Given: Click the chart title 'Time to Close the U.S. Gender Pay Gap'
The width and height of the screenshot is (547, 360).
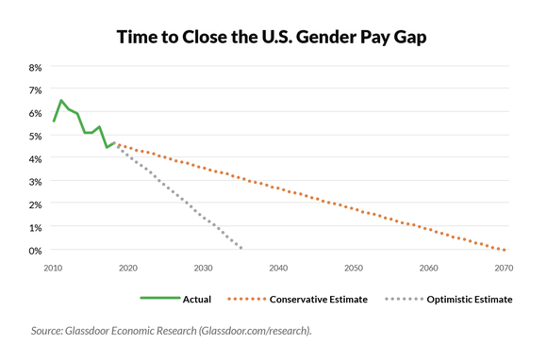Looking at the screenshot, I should tap(273, 37).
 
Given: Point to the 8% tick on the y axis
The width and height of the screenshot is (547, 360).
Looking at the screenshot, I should tap(35, 68).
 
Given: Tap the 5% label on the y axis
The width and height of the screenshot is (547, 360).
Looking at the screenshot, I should tap(35, 136).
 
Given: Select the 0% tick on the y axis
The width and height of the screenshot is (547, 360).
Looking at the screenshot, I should tap(35, 251).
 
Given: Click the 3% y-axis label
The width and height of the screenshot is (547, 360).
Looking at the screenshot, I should tap(35, 182).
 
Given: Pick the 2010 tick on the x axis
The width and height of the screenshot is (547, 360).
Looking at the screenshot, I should tap(54, 268).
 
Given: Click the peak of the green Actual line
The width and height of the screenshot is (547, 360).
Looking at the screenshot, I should tap(61, 101).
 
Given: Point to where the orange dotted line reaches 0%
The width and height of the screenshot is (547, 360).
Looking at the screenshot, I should tap(505, 250).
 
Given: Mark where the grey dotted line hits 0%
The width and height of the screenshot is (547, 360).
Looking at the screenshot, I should tap(241, 249).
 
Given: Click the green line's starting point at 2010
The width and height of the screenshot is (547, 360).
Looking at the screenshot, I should tap(54, 122).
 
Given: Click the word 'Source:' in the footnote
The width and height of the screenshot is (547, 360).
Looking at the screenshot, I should tap(50, 331).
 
